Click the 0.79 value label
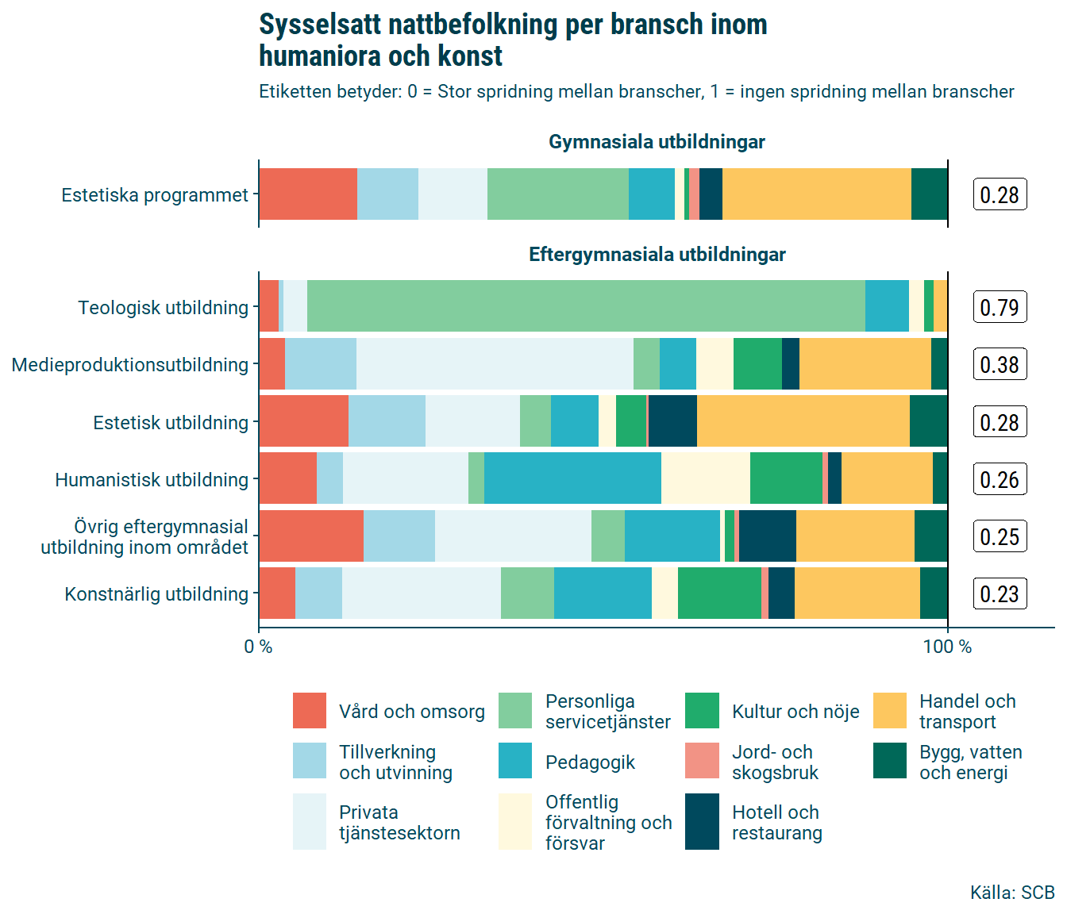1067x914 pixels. point(1000,307)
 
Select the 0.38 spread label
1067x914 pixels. point(1000,364)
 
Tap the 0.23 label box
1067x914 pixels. point(1000,593)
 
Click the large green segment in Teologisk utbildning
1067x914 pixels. point(586,306)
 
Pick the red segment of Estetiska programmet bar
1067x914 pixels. point(308,194)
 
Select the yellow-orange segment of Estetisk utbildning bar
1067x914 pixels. point(803,421)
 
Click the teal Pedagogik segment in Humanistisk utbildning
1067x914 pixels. point(572,478)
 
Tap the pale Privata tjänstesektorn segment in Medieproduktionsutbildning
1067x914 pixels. point(495,364)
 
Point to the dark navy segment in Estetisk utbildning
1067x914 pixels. point(672,421)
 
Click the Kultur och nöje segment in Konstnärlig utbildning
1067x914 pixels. point(719,593)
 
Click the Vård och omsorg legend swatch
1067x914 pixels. point(310,711)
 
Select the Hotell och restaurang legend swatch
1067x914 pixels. point(702,822)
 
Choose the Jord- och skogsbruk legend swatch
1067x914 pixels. point(702,762)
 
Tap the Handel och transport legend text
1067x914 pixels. point(967,712)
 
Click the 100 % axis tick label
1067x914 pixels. point(947,647)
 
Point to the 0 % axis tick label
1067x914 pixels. point(258,647)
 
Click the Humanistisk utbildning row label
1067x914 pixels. point(152,480)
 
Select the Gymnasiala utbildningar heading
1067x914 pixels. point(657,142)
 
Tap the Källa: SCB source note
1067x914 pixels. point(1011,893)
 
